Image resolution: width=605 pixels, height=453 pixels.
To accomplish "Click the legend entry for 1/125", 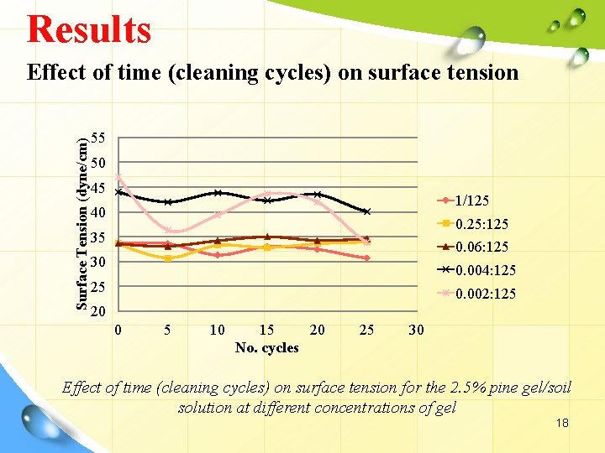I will click(472, 200).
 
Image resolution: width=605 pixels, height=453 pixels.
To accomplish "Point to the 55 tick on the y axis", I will click(98, 138).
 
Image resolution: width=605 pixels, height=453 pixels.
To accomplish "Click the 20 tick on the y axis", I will click(98, 312).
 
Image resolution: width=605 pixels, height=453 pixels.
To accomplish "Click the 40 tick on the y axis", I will click(98, 212).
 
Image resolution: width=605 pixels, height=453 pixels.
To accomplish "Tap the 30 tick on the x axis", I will click(416, 330).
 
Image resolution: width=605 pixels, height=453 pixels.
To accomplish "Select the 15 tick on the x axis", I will click(266, 330).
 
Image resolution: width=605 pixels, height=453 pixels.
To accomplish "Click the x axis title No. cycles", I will click(266, 347).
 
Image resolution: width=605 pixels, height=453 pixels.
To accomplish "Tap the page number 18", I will click(562, 423).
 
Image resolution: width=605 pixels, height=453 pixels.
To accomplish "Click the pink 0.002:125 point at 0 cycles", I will click(118, 177).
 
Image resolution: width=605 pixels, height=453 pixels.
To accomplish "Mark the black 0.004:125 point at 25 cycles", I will click(366, 211).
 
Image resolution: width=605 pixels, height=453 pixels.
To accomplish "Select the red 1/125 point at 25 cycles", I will click(366, 258).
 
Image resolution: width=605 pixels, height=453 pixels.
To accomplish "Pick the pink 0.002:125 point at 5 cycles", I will click(168, 230).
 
